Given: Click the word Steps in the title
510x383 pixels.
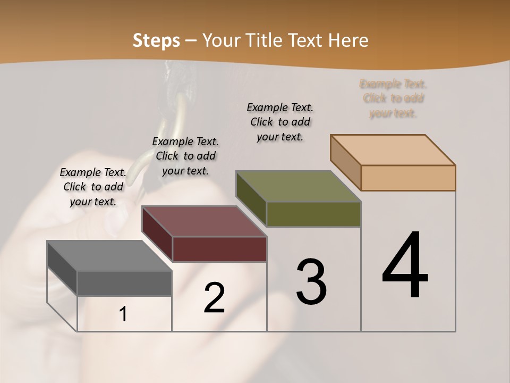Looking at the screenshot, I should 156,40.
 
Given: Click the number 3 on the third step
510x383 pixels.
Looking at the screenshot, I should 311,282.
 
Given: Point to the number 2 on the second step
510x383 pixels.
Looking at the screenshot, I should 214,298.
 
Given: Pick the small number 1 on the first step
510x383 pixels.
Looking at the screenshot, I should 123,314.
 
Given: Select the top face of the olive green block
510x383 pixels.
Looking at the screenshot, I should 298,186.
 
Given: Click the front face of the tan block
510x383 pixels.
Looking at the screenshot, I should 408,178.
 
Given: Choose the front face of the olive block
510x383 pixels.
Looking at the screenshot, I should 313,214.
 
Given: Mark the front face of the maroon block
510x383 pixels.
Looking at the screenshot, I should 219,249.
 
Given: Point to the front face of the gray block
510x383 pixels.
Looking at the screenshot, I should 124,284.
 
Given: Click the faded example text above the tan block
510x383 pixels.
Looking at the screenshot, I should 393,98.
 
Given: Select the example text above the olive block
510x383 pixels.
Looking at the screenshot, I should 280,122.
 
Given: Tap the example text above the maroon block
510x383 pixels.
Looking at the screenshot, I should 185,156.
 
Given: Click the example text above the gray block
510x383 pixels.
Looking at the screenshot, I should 93,187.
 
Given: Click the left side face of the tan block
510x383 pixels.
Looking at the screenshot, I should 345,162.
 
